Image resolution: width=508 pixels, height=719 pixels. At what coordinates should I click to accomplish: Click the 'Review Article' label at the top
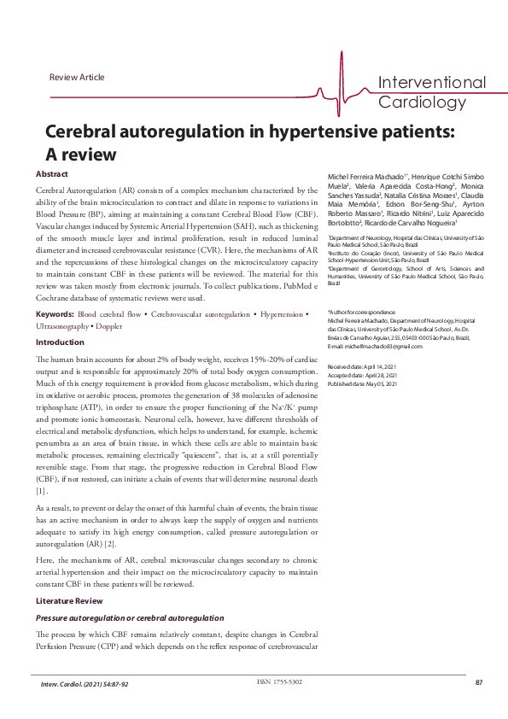77,78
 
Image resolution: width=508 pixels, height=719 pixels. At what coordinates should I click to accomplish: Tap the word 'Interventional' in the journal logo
431,83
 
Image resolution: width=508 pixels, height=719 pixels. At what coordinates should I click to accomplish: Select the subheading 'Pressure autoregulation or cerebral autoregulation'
130,617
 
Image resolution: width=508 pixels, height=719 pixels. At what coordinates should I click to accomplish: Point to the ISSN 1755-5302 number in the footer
279,681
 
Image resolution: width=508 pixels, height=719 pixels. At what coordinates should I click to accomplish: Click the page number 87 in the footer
480,683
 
